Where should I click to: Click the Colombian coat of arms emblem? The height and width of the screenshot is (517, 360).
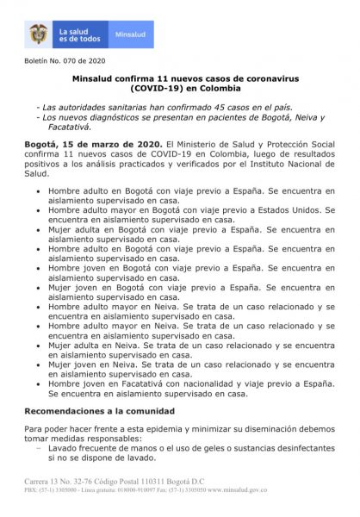tap(38, 34)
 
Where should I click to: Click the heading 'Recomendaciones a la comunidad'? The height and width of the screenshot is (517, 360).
tap(100, 410)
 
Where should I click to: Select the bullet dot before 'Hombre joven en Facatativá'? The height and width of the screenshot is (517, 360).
tap(34, 383)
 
